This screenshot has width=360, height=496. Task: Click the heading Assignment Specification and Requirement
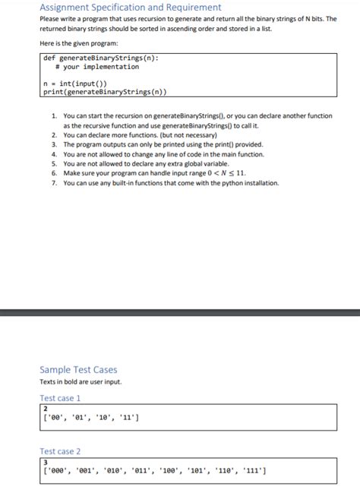point(130,7)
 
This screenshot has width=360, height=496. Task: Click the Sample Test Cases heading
point(78,370)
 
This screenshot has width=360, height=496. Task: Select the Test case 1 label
point(60,398)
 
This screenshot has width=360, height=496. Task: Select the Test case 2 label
point(60,451)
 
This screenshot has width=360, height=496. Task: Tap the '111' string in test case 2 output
point(252,470)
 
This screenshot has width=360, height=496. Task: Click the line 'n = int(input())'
point(81,83)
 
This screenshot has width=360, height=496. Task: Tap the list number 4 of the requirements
point(55,154)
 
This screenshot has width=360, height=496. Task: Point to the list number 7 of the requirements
point(55,183)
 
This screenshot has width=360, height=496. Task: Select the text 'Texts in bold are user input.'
point(81,381)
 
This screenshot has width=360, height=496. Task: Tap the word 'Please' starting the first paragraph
point(49,19)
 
